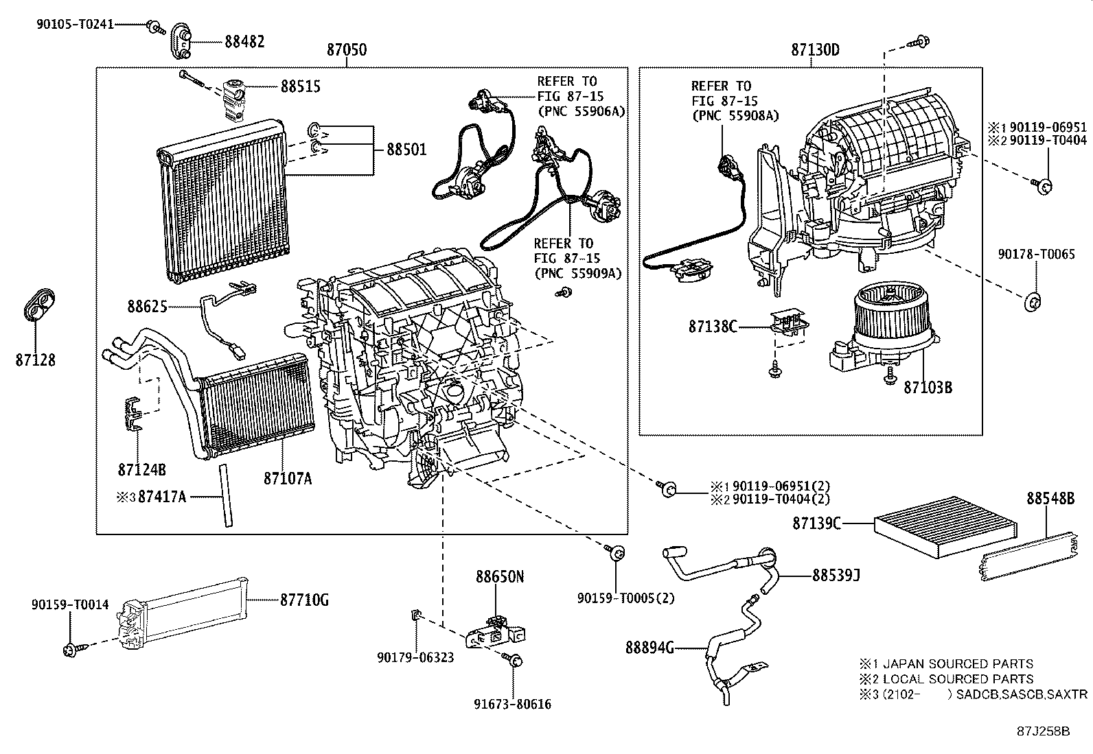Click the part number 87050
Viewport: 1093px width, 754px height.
(x=346, y=50)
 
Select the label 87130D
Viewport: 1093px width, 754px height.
(x=815, y=50)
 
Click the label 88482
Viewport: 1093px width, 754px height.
(x=244, y=41)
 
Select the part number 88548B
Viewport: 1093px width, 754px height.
(x=1050, y=499)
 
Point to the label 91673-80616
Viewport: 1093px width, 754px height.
(x=512, y=704)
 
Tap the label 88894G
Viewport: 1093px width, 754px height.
(x=649, y=647)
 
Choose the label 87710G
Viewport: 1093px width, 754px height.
(x=304, y=600)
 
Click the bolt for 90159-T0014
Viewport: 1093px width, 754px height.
(x=71, y=649)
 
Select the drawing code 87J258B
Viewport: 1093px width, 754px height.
(x=1044, y=731)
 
